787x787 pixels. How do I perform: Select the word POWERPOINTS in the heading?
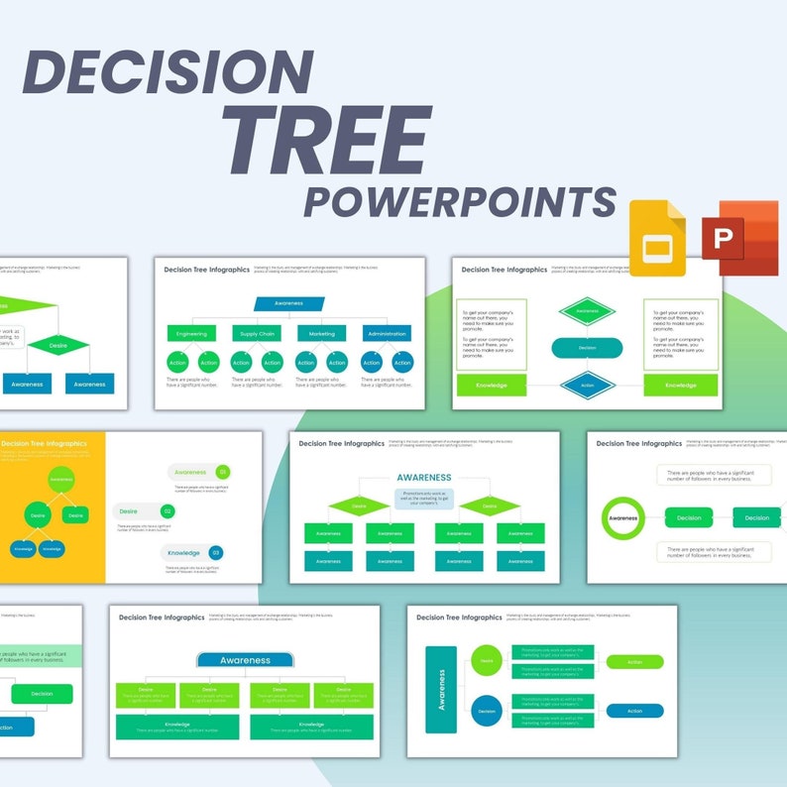click(x=459, y=200)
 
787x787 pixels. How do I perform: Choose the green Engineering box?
click(x=191, y=334)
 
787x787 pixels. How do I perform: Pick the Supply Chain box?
click(x=257, y=334)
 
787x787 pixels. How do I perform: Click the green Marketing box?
click(x=321, y=334)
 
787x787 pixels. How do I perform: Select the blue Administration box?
click(x=387, y=334)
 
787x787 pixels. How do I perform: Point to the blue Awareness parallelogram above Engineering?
click(x=288, y=303)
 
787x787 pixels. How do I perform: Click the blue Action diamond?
click(x=587, y=386)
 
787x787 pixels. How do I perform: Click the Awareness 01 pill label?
click(x=199, y=473)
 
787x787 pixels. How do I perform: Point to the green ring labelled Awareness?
click(x=623, y=518)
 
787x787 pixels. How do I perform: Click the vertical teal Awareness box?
click(x=441, y=689)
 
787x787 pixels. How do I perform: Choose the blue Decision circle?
click(x=487, y=711)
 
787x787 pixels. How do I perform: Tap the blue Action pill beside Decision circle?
click(x=634, y=711)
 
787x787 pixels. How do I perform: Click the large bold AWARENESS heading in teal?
click(x=424, y=478)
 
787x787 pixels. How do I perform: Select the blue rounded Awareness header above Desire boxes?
click(x=245, y=660)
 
